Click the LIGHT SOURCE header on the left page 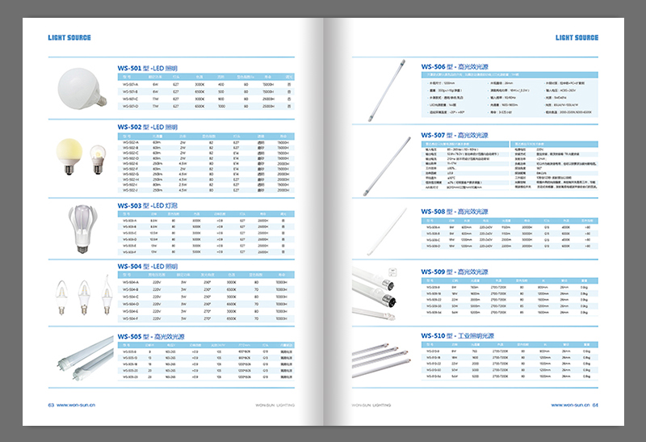69,38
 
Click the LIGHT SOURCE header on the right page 577,38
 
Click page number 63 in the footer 51,405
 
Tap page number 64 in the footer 595,405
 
